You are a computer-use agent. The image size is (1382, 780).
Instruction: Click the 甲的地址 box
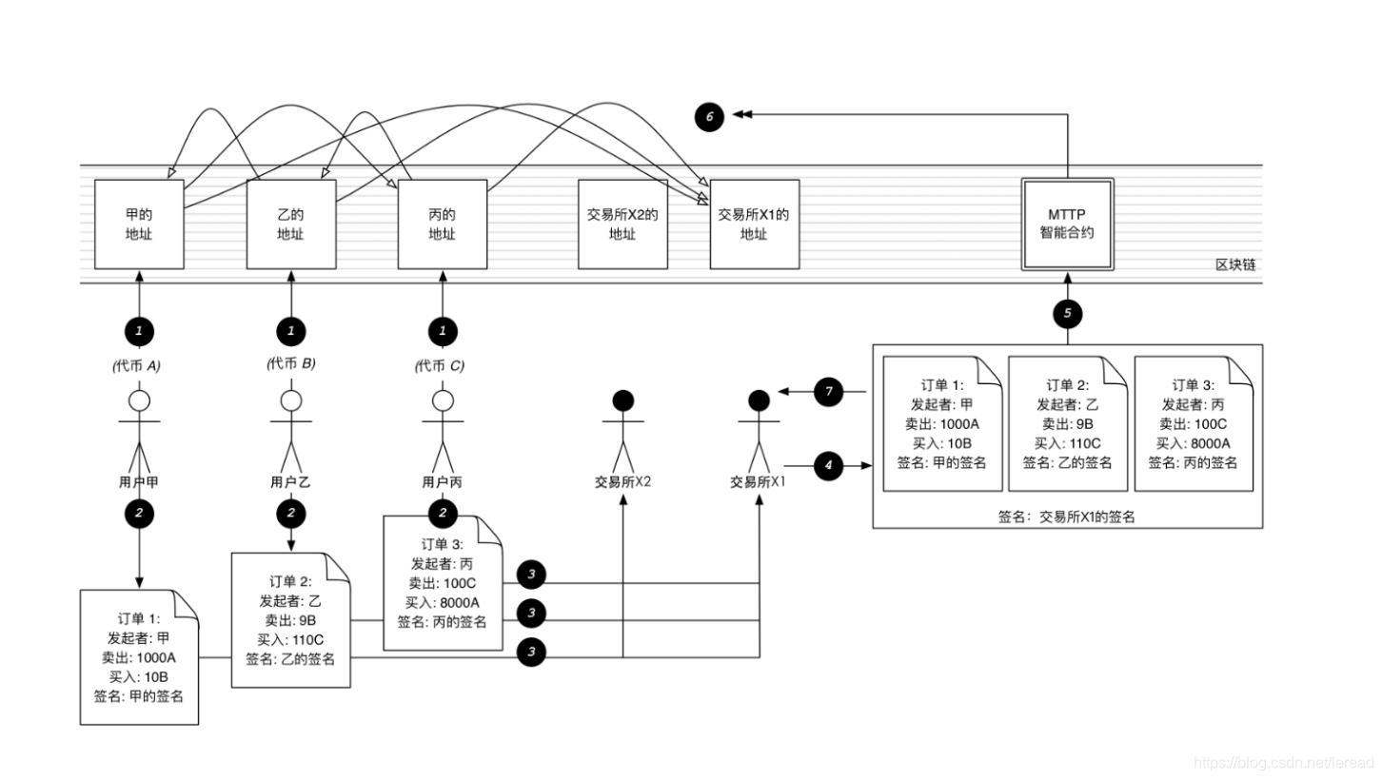pyautogui.click(x=139, y=224)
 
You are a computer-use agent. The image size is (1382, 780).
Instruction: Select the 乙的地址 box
pyautogui.click(x=290, y=224)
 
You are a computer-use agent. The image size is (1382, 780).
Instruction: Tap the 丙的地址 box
pyautogui.click(x=442, y=224)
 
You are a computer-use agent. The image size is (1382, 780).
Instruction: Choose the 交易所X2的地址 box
pyautogui.click(x=622, y=224)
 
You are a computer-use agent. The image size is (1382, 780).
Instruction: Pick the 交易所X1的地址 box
pyautogui.click(x=754, y=224)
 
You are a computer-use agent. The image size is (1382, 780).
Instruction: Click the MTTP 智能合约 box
pyautogui.click(x=1067, y=224)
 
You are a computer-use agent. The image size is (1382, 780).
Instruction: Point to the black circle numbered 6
pyautogui.click(x=708, y=117)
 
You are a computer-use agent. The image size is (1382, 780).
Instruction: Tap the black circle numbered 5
pyautogui.click(x=1067, y=312)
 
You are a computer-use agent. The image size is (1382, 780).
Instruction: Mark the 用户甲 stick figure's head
pyautogui.click(x=140, y=400)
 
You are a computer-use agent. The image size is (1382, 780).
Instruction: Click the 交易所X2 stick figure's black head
pyautogui.click(x=622, y=400)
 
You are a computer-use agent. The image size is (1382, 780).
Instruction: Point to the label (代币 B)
pyautogui.click(x=291, y=363)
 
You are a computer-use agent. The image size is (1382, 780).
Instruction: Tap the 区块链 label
pyautogui.click(x=1235, y=264)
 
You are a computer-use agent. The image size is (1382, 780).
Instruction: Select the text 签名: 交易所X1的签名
pyautogui.click(x=1066, y=517)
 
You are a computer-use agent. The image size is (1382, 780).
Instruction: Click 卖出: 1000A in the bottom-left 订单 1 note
pyautogui.click(x=139, y=657)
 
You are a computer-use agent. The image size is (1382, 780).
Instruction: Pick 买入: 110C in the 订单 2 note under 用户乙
pyautogui.click(x=290, y=639)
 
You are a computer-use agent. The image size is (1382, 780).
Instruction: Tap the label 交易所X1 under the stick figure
pyautogui.click(x=758, y=481)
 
